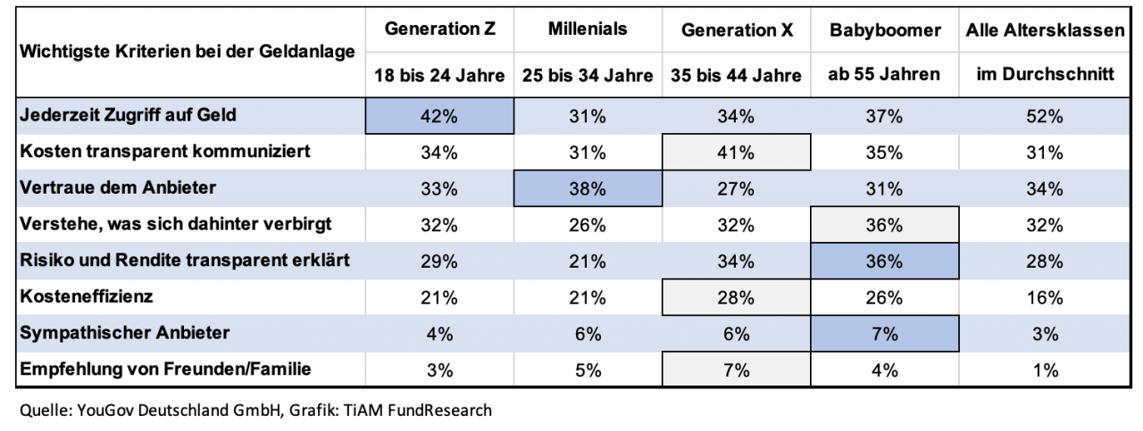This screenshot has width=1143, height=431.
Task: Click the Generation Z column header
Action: (x=440, y=29)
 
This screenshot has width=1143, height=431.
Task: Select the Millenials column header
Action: (x=588, y=29)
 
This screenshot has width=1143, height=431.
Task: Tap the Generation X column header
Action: (x=736, y=30)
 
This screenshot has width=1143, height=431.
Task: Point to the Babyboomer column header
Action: (x=884, y=30)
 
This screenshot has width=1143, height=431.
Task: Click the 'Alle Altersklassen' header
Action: (x=1044, y=30)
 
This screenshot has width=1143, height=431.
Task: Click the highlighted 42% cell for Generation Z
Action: (x=440, y=116)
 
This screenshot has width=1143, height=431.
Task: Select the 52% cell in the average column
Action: (x=1044, y=116)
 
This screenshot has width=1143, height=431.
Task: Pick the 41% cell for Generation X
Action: (x=736, y=152)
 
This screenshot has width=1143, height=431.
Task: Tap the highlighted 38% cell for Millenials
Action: (x=588, y=188)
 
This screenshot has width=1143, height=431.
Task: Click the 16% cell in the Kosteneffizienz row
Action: (x=1044, y=298)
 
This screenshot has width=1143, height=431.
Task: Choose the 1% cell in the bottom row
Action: (x=1044, y=370)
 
